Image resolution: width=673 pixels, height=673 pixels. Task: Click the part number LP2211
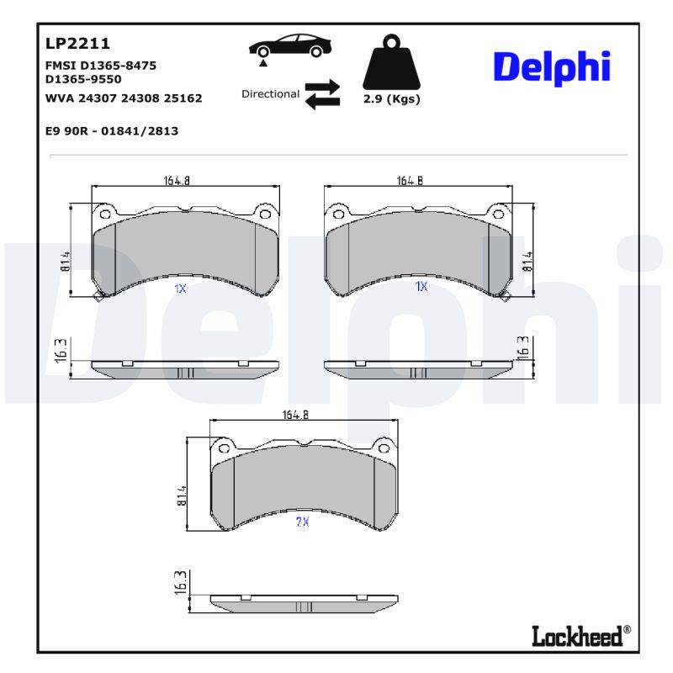pyautogui.click(x=77, y=44)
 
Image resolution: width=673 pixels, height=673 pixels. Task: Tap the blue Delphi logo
pyautogui.click(x=551, y=66)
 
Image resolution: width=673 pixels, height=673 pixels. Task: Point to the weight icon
pyautogui.click(x=390, y=63)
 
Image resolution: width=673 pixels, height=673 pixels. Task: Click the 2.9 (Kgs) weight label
pyautogui.click(x=391, y=99)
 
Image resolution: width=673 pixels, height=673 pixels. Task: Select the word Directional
pyautogui.click(x=270, y=94)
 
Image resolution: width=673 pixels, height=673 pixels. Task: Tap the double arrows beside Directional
pyautogui.click(x=321, y=94)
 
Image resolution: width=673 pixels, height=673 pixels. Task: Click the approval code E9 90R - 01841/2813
pyautogui.click(x=110, y=131)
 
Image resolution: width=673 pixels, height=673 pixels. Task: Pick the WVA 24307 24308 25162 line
pyautogui.click(x=123, y=98)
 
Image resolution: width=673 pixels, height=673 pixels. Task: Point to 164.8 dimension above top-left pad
pyautogui.click(x=176, y=180)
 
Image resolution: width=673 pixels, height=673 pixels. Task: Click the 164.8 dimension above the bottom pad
pyautogui.click(x=295, y=414)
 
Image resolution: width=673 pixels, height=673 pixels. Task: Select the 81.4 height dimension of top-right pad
pyautogui.click(x=527, y=260)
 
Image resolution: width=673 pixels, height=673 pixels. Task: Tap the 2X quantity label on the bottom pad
pyautogui.click(x=302, y=522)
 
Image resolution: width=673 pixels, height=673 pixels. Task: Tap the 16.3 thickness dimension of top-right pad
pyautogui.click(x=523, y=347)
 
